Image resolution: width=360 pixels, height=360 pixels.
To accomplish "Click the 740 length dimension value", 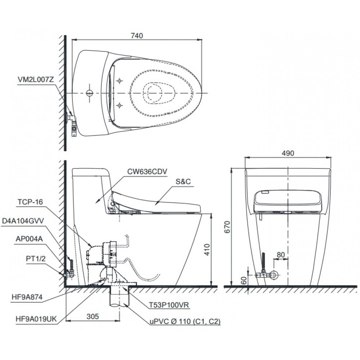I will (x=137, y=35).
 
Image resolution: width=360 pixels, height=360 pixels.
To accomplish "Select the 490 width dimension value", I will (x=288, y=153).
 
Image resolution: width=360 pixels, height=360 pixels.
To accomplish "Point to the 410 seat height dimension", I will (x=207, y=249).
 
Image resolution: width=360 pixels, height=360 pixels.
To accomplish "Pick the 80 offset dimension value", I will (x=281, y=255).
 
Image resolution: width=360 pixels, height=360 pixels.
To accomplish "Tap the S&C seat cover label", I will (x=183, y=182).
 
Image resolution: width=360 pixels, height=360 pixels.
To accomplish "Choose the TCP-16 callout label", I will (x=30, y=202).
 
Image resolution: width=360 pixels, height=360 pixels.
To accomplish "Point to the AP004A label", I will (x=29, y=238).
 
